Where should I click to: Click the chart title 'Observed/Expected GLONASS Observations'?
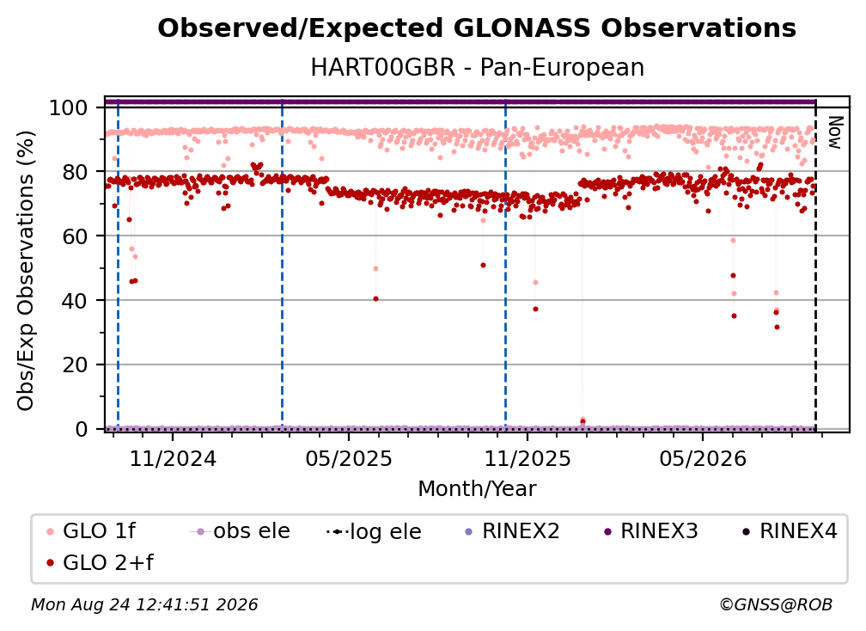(x=477, y=28)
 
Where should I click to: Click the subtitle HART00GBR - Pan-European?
(x=477, y=67)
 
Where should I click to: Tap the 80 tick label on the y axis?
(x=75, y=172)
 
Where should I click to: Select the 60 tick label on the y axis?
(x=75, y=236)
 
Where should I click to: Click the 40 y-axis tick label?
(x=75, y=301)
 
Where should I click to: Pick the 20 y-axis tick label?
(x=75, y=365)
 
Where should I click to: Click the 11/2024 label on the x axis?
(x=173, y=458)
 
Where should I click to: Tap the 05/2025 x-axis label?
(x=349, y=458)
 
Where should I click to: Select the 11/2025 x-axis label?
(x=528, y=458)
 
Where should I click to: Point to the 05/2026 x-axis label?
(x=703, y=458)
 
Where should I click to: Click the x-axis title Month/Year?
(x=477, y=488)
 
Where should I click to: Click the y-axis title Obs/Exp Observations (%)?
(x=26, y=271)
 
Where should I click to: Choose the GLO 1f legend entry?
(x=91, y=531)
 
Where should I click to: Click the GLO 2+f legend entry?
(x=100, y=562)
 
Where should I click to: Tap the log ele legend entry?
(x=374, y=531)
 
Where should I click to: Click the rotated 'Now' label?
(x=834, y=132)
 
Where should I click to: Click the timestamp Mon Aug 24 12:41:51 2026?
(x=144, y=605)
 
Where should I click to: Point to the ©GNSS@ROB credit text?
(x=776, y=605)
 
